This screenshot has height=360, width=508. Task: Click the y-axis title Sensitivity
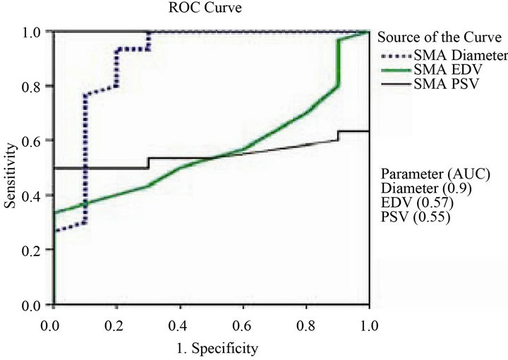click(11, 167)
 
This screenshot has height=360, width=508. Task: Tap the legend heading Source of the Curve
click(441, 38)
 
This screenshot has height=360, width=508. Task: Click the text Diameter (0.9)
click(423, 188)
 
